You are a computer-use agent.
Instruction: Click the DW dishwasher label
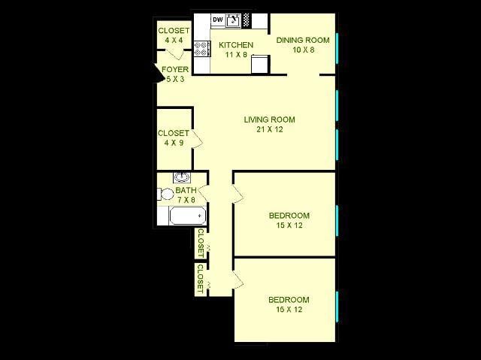(217, 20)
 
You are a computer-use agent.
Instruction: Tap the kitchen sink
(233, 20)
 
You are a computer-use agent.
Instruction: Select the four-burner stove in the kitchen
(201, 49)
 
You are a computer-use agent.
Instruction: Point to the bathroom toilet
(165, 193)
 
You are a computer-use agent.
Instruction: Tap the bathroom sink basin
(181, 178)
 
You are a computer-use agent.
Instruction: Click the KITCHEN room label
(235, 45)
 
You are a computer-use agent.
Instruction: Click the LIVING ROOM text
(269, 119)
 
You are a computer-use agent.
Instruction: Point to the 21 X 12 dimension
(269, 129)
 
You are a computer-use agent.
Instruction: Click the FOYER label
(175, 70)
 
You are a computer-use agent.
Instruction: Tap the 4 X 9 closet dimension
(173, 143)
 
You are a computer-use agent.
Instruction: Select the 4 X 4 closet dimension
(173, 41)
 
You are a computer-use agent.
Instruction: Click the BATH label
(185, 191)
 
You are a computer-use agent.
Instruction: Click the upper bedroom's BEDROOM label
(289, 216)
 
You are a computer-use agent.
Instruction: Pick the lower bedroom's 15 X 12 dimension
(289, 310)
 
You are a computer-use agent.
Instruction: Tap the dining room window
(337, 47)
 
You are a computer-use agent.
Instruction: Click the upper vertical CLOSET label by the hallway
(201, 242)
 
